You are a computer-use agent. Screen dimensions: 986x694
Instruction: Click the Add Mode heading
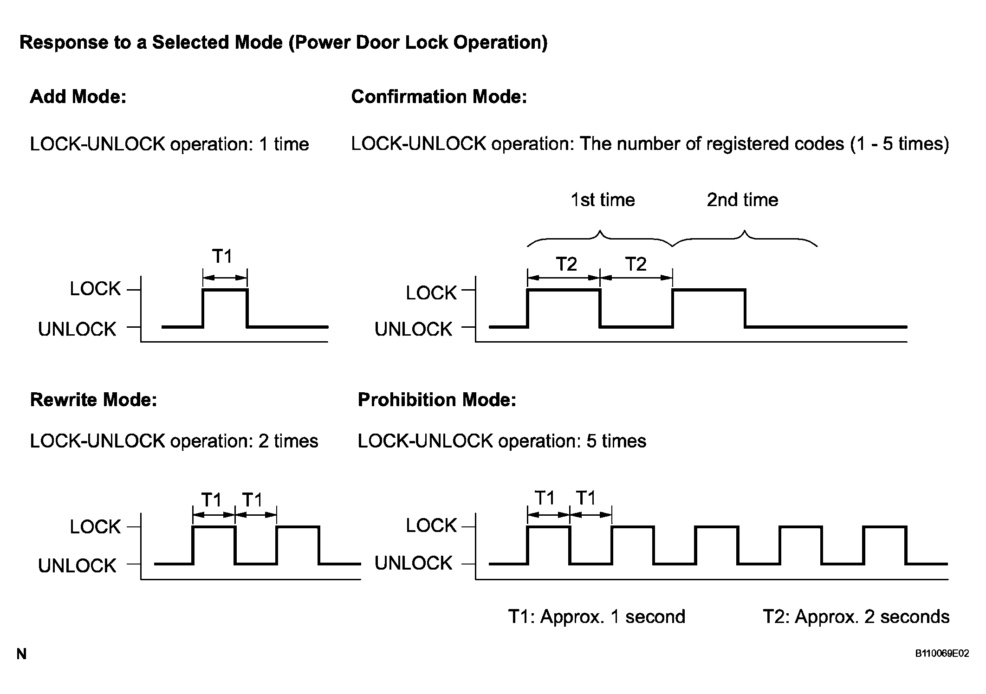[x=78, y=97]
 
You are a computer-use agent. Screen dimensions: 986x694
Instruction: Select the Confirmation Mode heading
[x=439, y=97]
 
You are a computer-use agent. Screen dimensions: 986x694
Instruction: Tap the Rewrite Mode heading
[x=93, y=399]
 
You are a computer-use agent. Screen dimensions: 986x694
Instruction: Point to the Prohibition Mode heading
[x=437, y=399]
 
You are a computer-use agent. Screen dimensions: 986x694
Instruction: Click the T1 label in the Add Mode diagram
[x=222, y=256]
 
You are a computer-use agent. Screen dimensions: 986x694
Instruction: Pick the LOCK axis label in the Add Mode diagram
[x=95, y=289]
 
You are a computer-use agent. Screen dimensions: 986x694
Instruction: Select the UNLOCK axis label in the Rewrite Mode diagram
[x=77, y=566]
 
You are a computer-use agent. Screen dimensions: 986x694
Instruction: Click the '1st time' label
[x=603, y=200]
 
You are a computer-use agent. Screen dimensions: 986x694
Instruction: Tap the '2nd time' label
[x=742, y=200]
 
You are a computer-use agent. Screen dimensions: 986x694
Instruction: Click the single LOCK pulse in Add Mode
[x=225, y=290]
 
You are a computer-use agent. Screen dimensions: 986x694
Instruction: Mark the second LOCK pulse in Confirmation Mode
[x=709, y=290]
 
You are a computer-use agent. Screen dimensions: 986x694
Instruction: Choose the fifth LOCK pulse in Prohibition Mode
[x=885, y=527]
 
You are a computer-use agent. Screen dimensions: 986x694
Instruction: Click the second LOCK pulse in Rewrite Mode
[x=298, y=527]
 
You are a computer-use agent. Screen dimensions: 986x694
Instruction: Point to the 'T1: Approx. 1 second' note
[x=597, y=616]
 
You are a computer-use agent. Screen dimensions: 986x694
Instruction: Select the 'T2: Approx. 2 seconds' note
[x=856, y=616]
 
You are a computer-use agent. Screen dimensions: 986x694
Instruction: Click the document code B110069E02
[x=942, y=654]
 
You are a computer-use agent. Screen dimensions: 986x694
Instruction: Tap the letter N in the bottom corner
[x=21, y=654]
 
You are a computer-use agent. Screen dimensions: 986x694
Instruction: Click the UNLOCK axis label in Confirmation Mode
[x=413, y=329]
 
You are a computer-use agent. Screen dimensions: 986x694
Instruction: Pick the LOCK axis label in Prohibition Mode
[x=431, y=525]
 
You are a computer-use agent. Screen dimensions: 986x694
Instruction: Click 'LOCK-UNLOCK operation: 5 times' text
[x=502, y=441]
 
